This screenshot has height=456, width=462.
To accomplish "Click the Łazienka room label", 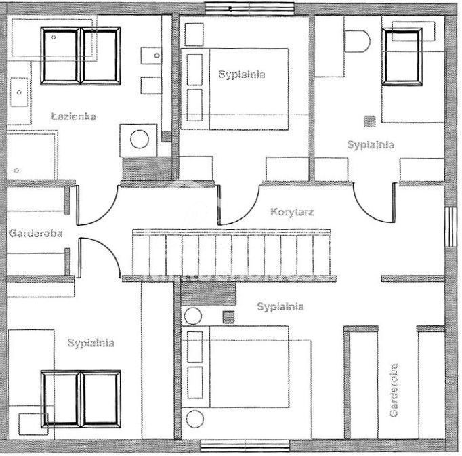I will point(74,117).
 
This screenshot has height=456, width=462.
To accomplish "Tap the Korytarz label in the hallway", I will point(291,211).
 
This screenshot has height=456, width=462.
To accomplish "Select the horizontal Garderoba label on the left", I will point(36,233).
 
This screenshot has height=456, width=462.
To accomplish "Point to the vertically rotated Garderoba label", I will point(394,390).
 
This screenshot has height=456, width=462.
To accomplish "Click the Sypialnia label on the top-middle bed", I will point(242,75).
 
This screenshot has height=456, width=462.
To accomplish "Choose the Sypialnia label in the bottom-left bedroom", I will point(91,343).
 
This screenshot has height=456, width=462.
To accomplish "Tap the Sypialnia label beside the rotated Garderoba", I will point(280,307).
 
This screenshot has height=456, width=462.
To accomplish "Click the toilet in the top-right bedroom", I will point(357,41).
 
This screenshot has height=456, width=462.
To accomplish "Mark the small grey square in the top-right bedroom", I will point(369,121).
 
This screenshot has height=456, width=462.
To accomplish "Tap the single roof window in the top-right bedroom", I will point(403,56).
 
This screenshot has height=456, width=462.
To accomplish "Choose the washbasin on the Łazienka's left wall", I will point(20,91).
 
